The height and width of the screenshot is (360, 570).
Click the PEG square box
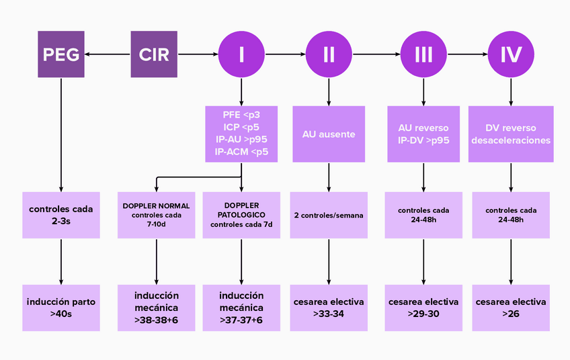click(60, 54)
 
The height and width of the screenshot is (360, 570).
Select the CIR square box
click(154, 54)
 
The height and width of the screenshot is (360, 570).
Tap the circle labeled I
click(241, 54)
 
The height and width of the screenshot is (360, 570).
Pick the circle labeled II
click(329, 54)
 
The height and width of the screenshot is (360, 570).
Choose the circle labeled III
click(423, 54)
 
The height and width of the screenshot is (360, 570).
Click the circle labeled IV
click(511, 54)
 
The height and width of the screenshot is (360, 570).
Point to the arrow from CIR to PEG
click(108, 54)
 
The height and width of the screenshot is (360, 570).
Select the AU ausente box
click(329, 134)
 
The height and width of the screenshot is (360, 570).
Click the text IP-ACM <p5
click(241, 152)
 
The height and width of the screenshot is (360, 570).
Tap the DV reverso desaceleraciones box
click(511, 134)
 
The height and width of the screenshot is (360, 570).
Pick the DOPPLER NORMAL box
click(156, 215)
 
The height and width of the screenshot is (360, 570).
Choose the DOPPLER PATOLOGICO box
click(241, 215)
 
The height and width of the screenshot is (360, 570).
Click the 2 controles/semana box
click(329, 215)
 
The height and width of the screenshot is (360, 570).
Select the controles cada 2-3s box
click(60, 215)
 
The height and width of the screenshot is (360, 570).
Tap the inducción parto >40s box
click(60, 308)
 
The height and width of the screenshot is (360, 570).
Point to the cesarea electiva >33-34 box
click(329, 308)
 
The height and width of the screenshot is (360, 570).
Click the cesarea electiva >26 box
click(511, 308)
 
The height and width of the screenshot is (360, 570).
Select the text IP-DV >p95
click(423, 140)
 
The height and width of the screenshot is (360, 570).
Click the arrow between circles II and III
click(376, 54)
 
